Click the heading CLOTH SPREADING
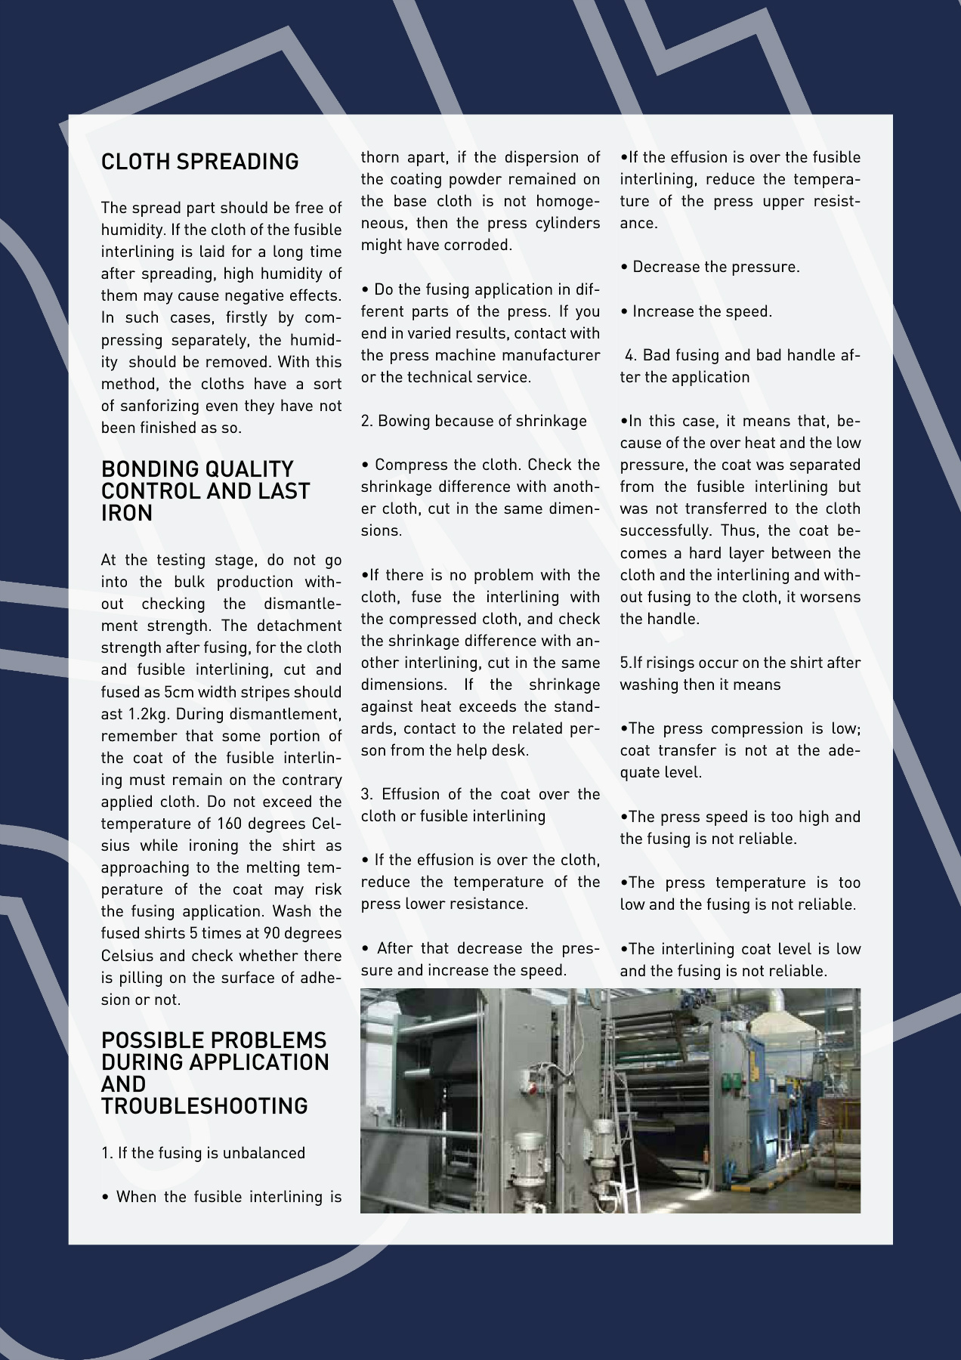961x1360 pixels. [199, 162]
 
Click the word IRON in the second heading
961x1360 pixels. [127, 513]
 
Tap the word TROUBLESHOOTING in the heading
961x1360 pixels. [204, 1106]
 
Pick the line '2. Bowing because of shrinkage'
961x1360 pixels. [474, 421]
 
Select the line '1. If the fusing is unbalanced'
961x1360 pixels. [203, 1153]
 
